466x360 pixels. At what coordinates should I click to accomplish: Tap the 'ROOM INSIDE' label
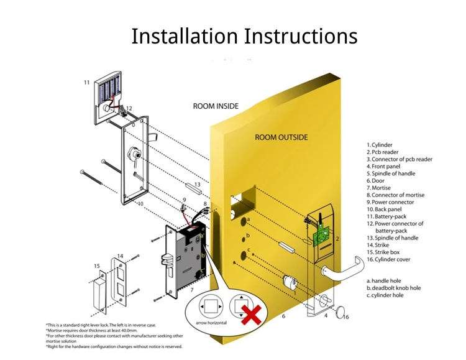216,106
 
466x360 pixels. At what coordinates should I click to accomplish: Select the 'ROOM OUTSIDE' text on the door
281,137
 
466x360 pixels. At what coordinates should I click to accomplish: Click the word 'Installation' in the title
185,36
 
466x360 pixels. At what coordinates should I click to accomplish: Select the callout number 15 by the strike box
97,266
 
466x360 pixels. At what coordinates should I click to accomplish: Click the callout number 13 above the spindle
196,185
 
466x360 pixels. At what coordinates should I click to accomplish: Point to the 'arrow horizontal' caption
211,323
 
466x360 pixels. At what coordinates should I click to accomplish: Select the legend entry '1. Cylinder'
380,145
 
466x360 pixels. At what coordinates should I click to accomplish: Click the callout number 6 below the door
283,316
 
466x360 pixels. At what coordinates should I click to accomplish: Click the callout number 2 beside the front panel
337,239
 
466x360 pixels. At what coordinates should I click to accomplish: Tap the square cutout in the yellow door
244,198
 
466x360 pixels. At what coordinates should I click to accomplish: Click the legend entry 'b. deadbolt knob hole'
393,288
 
